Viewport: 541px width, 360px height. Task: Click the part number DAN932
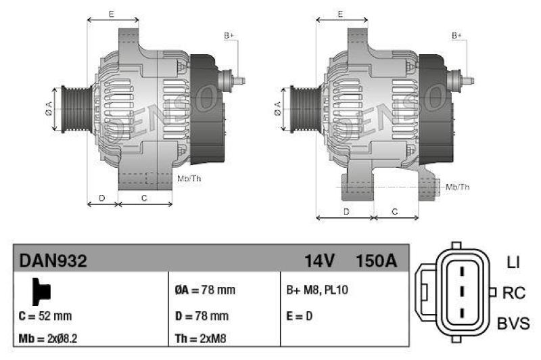tap(53, 261)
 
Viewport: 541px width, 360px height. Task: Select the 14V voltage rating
tap(319, 261)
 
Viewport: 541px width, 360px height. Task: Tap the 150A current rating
tap(376, 261)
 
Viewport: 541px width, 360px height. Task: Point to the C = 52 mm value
tap(45, 315)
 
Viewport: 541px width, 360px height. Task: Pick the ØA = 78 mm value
tap(206, 290)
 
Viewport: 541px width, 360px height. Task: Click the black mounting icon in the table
tap(41, 291)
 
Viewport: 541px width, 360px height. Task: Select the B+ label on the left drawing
tap(229, 35)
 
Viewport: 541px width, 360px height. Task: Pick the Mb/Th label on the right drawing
tap(458, 187)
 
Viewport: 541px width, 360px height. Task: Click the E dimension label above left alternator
tap(112, 14)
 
